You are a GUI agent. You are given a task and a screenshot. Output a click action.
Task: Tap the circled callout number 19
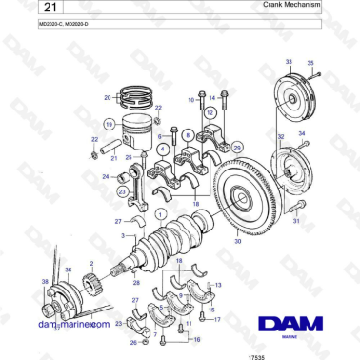click(x=110, y=124)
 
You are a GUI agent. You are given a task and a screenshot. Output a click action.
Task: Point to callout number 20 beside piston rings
click(x=108, y=98)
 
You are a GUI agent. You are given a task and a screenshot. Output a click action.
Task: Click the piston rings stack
click(x=135, y=97)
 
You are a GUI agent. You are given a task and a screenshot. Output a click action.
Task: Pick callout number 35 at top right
click(x=310, y=64)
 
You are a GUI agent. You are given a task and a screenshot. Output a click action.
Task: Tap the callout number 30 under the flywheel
click(x=238, y=242)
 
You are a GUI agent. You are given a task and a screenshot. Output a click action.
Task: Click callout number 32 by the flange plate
click(x=281, y=138)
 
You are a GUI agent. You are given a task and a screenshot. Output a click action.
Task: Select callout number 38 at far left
click(x=45, y=281)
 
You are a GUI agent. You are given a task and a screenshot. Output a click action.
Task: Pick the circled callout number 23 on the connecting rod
click(x=122, y=191)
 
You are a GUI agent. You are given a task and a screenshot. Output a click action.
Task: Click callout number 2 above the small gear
click(x=90, y=262)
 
